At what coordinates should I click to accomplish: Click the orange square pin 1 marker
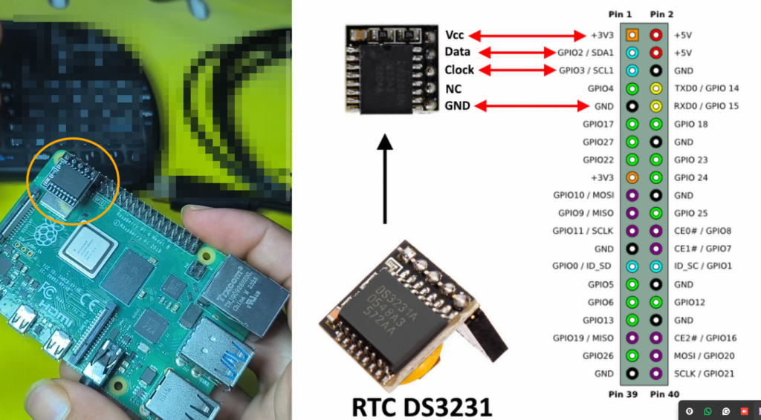632,35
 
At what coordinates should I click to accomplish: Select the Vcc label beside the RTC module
454,35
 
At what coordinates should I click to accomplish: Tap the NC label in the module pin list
453,88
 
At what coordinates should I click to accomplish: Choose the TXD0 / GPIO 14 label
706,88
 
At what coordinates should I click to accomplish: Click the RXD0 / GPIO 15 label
706,106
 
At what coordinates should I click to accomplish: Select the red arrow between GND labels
532,107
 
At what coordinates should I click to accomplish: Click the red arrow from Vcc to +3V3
532,35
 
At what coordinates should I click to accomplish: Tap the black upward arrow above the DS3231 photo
384,178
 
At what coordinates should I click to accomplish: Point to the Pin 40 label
664,394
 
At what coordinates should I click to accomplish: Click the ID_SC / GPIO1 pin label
702,266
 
